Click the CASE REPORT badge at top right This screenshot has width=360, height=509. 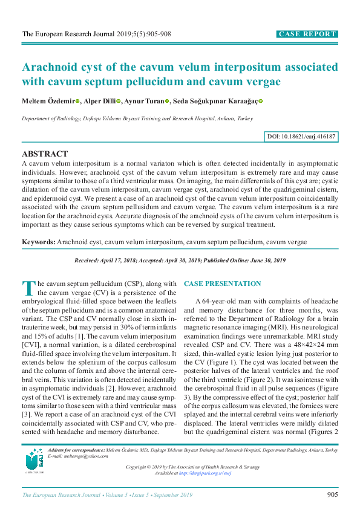307,34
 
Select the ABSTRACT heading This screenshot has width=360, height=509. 45,154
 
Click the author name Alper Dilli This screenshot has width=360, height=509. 100,102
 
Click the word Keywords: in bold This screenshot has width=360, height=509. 38,242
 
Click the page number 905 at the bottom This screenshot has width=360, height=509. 332,495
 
